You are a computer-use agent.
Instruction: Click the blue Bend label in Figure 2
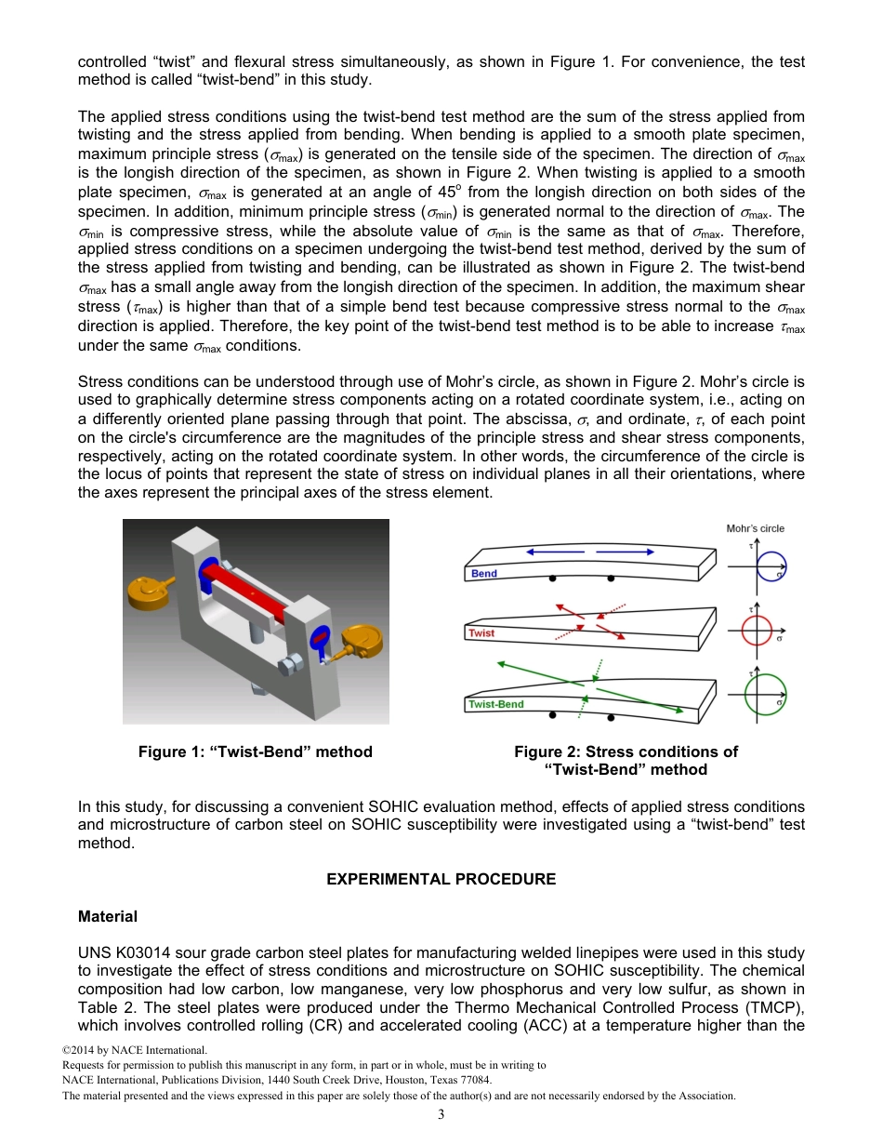(484, 574)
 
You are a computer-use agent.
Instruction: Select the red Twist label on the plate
(481, 633)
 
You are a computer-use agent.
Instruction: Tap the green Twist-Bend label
(496, 704)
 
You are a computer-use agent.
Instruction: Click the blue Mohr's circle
(771, 564)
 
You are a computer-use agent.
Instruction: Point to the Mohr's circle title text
(755, 528)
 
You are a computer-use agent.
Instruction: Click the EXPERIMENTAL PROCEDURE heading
(441, 879)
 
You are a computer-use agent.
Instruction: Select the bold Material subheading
(108, 916)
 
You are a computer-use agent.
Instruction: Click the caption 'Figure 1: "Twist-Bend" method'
(256, 752)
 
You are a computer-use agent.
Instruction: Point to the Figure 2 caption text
(626, 760)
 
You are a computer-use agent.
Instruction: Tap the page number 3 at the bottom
(441, 1115)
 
